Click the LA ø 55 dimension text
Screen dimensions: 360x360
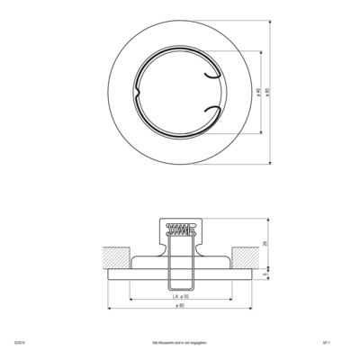pos(180,295)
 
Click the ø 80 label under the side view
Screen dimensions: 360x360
pos(180,307)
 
